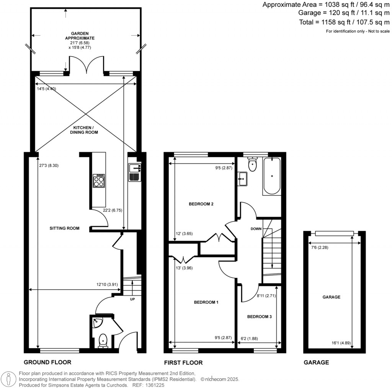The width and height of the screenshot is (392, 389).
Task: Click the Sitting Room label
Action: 64,229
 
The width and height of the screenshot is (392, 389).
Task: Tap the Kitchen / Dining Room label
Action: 84,130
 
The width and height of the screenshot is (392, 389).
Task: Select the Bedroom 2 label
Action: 201,204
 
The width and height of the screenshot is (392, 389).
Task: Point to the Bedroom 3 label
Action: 260,316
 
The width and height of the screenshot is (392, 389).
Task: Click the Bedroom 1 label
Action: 206,302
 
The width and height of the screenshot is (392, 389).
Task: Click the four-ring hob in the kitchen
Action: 99,181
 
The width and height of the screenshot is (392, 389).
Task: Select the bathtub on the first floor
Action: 271,176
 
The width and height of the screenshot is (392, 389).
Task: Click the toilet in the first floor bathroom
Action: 252,165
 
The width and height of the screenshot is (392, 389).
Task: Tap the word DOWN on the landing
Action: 256,229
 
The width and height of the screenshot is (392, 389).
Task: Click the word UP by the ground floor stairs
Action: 132,299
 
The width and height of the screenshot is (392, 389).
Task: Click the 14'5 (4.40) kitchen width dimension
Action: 46,89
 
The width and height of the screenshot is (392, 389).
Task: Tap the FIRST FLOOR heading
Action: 184,363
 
